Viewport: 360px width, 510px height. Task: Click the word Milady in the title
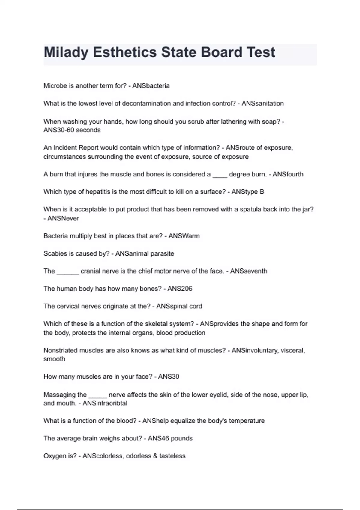click(x=66, y=52)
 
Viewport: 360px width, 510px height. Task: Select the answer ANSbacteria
click(x=151, y=86)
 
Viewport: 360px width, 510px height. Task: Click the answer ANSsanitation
click(x=262, y=103)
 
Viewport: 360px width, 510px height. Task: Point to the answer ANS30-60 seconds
click(x=72, y=130)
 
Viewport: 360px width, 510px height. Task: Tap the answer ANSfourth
click(x=288, y=174)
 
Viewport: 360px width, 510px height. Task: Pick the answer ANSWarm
click(x=184, y=236)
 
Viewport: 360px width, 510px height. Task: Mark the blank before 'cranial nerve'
click(x=68, y=272)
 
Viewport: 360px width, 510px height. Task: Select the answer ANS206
click(x=180, y=289)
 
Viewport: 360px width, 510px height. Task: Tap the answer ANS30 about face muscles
click(x=169, y=376)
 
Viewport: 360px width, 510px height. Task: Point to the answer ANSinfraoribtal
click(x=105, y=403)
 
